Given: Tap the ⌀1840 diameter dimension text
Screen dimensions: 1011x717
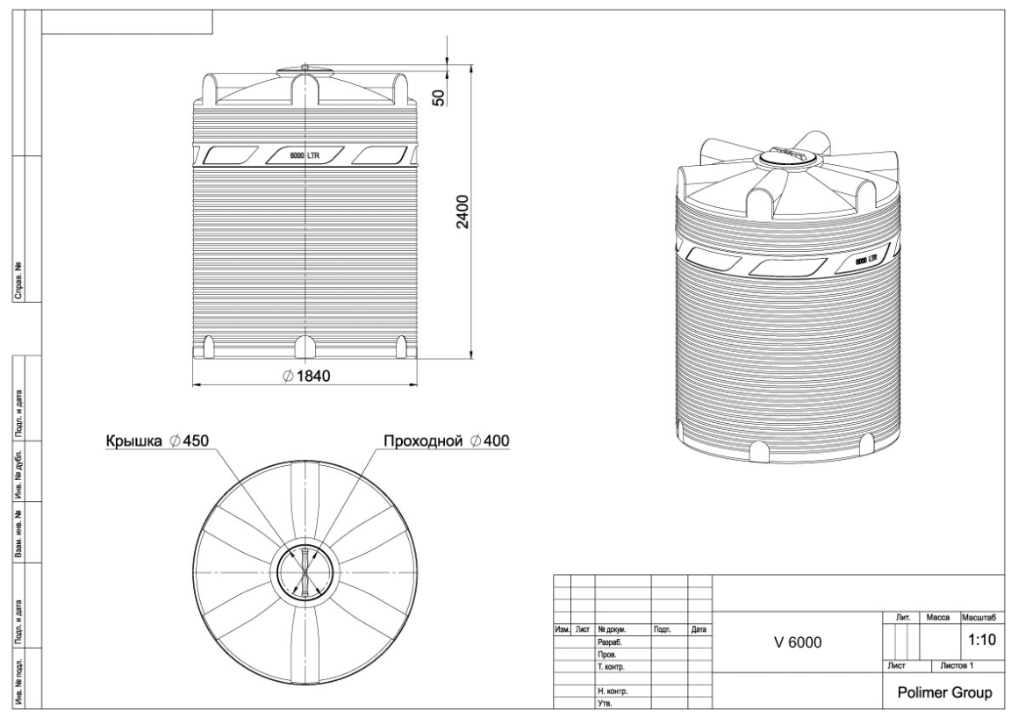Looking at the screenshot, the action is (306, 376).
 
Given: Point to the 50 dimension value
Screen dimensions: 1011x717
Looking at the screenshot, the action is (439, 97).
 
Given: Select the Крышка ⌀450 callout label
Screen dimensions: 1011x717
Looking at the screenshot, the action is (157, 441).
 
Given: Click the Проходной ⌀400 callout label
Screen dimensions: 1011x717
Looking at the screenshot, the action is (446, 441).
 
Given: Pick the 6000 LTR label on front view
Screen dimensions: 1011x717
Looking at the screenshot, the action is (305, 155).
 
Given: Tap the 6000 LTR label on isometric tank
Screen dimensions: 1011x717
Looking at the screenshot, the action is (866, 260).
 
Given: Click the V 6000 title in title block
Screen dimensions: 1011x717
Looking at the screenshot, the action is (798, 642).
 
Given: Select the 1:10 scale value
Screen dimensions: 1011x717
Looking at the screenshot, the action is (982, 641).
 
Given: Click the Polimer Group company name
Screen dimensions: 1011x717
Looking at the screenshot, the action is (944, 692).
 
